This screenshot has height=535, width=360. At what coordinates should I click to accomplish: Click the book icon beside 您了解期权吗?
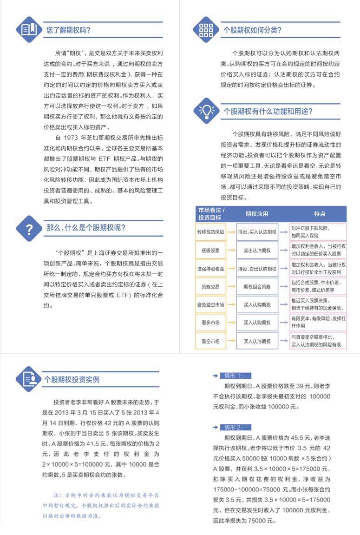(29, 30)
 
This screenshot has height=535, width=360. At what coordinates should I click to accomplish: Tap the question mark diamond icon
(29, 228)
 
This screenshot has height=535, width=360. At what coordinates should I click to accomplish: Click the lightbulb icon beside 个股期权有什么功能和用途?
(206, 111)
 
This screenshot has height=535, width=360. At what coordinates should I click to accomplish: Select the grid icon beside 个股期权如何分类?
(206, 30)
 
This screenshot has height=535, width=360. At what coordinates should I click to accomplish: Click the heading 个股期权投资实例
(72, 379)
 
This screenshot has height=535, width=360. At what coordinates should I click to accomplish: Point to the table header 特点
(319, 214)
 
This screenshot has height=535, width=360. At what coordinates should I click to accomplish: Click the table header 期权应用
(257, 214)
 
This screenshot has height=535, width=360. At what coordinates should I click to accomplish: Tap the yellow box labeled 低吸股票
(210, 250)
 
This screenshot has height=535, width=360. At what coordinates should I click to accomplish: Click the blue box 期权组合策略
(257, 286)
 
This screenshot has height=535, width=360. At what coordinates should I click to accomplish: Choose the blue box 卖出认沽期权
(257, 250)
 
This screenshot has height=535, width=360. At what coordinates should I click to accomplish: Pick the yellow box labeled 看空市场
(210, 341)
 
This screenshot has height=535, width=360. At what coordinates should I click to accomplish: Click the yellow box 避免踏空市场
(210, 304)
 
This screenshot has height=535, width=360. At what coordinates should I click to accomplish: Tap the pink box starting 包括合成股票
(318, 286)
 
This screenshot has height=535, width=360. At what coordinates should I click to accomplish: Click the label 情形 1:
(236, 376)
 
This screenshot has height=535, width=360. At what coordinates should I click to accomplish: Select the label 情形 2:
(236, 427)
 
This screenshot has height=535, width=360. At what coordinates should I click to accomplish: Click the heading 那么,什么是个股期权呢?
(86, 228)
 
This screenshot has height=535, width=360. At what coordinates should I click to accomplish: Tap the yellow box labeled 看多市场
(210, 323)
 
